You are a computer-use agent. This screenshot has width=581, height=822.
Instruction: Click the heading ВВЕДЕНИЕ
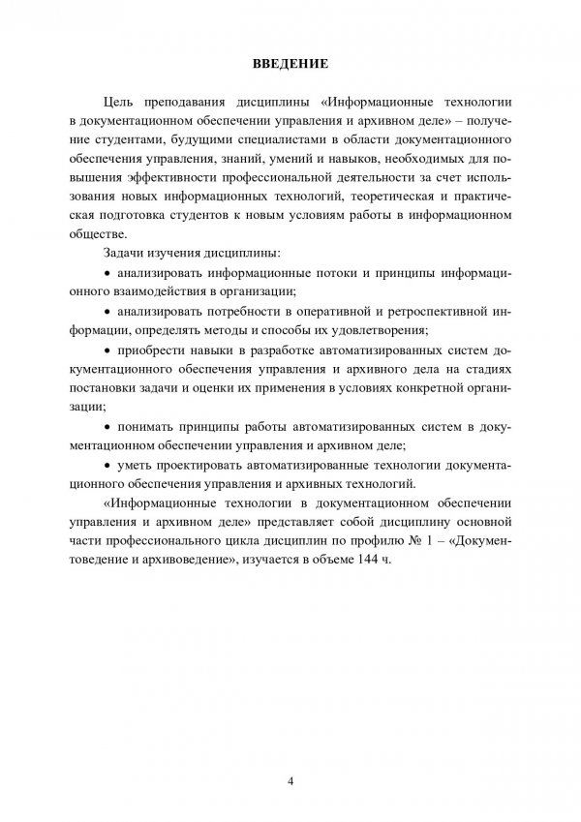(x=290, y=65)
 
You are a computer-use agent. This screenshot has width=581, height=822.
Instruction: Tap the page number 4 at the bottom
(x=290, y=781)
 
